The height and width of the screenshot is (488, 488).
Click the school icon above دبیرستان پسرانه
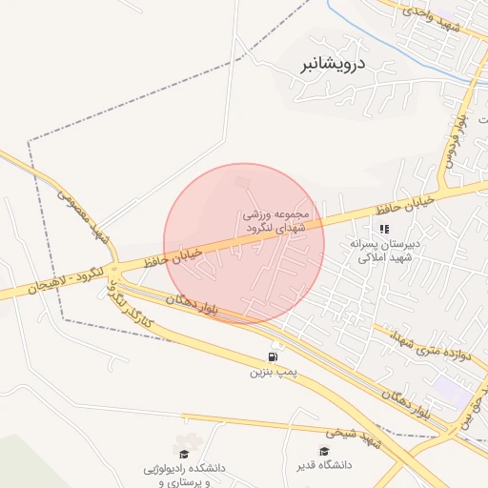pyautogui.click(x=384, y=229)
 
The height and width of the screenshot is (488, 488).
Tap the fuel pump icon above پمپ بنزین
pyautogui.click(x=274, y=356)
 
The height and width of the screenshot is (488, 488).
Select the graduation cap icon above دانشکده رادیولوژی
pyautogui.click(x=184, y=454)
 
